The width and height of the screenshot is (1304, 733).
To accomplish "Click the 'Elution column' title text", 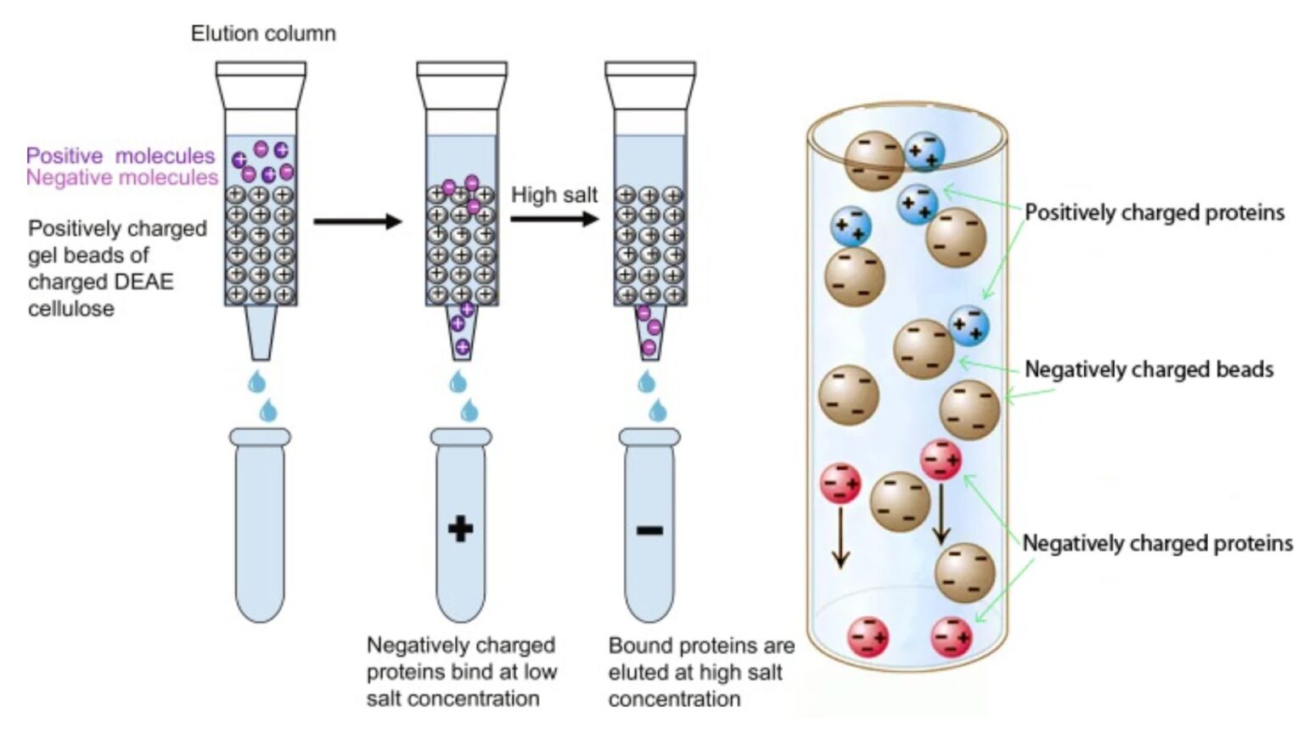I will click(x=263, y=34).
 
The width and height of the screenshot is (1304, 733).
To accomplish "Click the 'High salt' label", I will click(x=554, y=195).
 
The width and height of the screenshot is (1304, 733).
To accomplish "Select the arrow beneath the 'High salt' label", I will click(x=554, y=219).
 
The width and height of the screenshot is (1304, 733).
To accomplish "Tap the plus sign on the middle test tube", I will click(x=460, y=529).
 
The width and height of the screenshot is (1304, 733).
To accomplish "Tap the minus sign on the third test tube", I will click(x=649, y=531).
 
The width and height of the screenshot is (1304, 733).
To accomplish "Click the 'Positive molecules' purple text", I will click(x=120, y=156).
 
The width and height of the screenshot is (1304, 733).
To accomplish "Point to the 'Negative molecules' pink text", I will click(x=121, y=178).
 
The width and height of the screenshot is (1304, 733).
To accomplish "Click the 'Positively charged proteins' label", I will click(x=1154, y=212).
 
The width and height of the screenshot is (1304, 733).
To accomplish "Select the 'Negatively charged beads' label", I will click(x=1149, y=369).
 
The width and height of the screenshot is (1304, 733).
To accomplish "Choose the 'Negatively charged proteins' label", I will click(x=1157, y=543).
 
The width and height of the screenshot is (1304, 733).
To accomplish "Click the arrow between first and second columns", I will click(x=357, y=222).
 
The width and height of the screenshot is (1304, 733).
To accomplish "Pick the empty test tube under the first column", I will click(x=260, y=526).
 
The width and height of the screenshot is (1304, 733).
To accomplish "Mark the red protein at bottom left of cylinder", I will click(x=868, y=637).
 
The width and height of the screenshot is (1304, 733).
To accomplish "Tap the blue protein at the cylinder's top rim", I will click(x=924, y=151).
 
